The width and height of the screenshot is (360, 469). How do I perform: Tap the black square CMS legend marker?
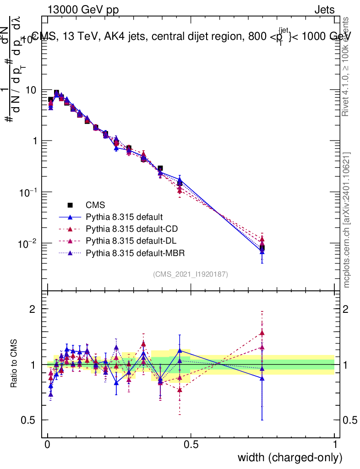coord(70,205)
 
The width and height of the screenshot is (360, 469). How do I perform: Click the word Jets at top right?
coord(324,10)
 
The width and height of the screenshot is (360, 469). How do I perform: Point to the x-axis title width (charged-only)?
coord(290,457)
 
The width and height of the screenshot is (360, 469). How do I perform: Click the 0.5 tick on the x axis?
coord(191,444)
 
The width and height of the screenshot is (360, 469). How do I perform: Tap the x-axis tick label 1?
coord(335,444)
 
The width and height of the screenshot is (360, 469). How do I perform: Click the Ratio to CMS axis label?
coord(14,365)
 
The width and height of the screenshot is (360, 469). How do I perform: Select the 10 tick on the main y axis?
coord(30,90)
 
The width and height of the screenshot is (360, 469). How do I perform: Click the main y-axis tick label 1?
coord(34,142)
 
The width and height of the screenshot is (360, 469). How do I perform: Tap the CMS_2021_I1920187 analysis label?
coord(191,274)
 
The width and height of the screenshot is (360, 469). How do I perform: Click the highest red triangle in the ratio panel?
coord(262,333)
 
